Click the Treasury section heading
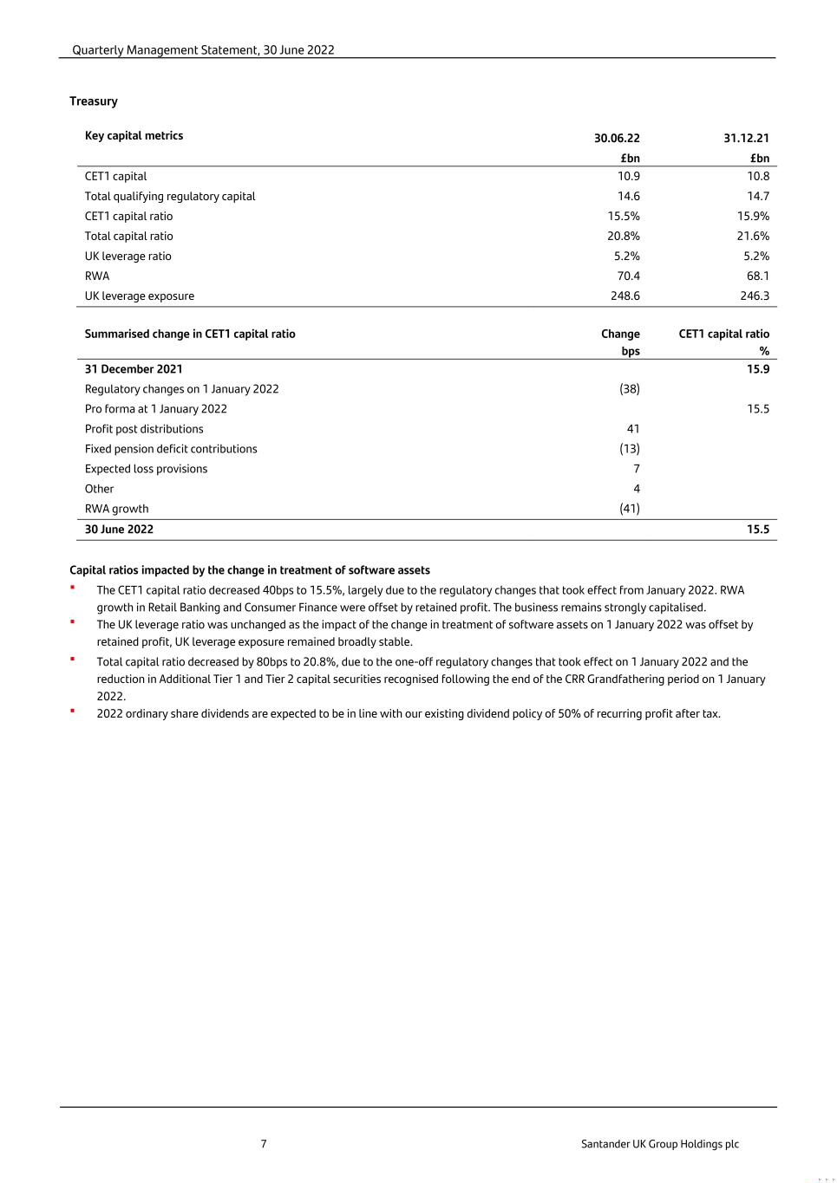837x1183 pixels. pyautogui.click(x=94, y=101)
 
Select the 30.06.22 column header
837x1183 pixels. pyautogui.click(x=617, y=138)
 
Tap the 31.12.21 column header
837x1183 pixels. pyautogui.click(x=746, y=138)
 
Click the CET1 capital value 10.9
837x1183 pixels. pyautogui.click(x=628, y=176)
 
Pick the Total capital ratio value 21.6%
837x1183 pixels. pyautogui.click(x=753, y=236)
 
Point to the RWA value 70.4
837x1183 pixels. pyautogui.click(x=628, y=276)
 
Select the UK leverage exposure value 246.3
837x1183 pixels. pyautogui.click(x=755, y=296)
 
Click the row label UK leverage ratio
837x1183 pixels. pyautogui.click(x=128, y=256)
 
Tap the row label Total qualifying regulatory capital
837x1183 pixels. pyautogui.click(x=170, y=196)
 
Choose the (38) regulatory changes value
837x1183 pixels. pyautogui.click(x=630, y=389)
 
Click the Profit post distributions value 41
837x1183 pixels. pyautogui.click(x=633, y=429)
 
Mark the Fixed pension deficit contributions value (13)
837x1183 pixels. pyautogui.click(x=630, y=449)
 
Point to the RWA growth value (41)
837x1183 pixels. pyautogui.click(x=630, y=509)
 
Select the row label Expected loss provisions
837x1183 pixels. pyautogui.click(x=146, y=469)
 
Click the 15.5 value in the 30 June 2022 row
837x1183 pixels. pyautogui.click(x=758, y=530)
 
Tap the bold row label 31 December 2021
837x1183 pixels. pyautogui.click(x=134, y=369)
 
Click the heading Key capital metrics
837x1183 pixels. pyautogui.click(x=134, y=135)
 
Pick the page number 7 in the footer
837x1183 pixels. pyautogui.click(x=264, y=1144)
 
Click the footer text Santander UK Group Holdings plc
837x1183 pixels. pyautogui.click(x=660, y=1144)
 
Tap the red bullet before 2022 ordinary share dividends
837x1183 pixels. pyautogui.click(x=73, y=711)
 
